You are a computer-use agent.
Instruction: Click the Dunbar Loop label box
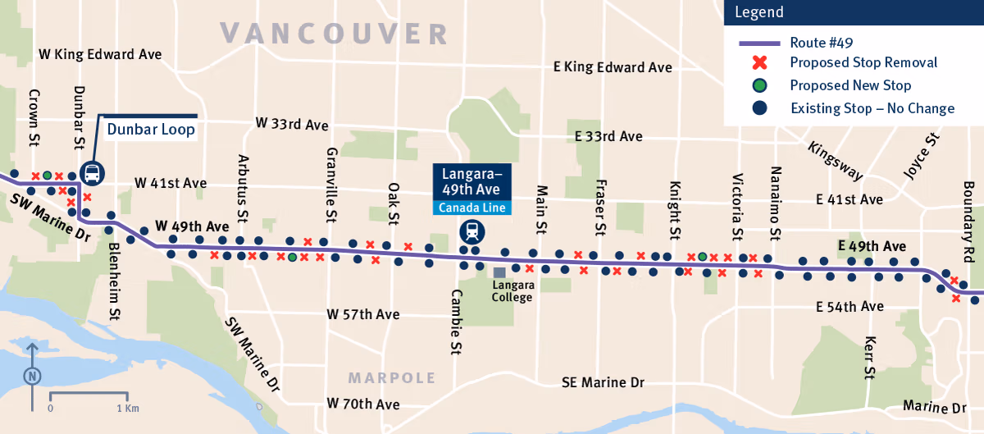point(151,130)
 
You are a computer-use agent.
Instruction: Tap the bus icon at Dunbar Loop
point(93,173)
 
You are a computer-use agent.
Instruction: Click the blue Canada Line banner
point(471,208)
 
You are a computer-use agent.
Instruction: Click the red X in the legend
point(760,62)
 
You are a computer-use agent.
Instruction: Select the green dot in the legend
point(760,85)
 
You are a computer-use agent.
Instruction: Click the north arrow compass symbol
point(32,377)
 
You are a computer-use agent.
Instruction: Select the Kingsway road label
point(835,161)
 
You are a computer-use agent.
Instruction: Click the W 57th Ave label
point(362,314)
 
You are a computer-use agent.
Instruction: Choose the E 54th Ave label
point(850,307)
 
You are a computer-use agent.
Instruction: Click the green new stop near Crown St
point(48,176)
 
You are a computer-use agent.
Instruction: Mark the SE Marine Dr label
point(603,383)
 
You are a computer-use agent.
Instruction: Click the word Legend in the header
point(759,12)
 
